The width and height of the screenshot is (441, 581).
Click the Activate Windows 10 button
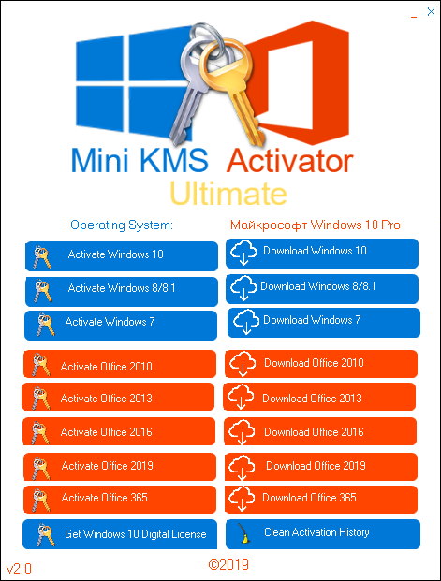click(x=121, y=254)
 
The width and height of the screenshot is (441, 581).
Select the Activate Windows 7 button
click(x=121, y=323)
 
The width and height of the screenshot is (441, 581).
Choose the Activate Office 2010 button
click(x=120, y=366)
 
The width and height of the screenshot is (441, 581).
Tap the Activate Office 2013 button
click(x=120, y=399)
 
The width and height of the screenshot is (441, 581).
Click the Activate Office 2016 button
click(x=120, y=432)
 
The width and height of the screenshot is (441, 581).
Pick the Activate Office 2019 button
click(x=120, y=466)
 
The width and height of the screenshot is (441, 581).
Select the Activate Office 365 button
click(x=120, y=498)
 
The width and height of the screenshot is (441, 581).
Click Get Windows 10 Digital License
click(x=121, y=534)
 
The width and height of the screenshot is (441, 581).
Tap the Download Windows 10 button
click(x=322, y=252)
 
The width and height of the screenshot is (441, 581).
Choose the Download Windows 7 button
click(x=322, y=321)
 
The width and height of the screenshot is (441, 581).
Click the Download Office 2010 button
click(x=320, y=363)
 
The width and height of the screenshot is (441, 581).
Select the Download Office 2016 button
click(x=320, y=432)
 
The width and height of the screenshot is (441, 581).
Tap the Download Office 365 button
click(x=320, y=498)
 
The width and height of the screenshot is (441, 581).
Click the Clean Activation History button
click(x=321, y=533)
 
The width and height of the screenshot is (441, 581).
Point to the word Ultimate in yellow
click(x=228, y=194)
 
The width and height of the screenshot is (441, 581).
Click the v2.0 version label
click(x=20, y=568)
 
